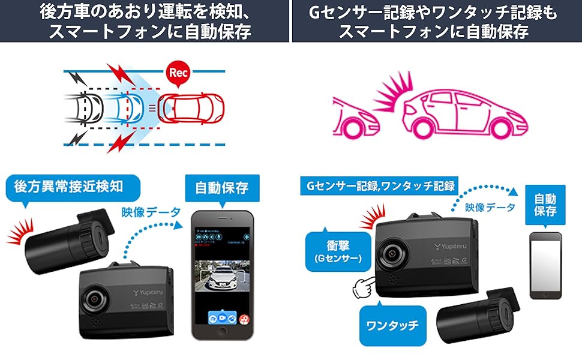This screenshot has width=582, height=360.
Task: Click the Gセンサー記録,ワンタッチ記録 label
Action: point(379,186)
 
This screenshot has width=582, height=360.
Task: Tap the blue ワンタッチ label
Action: point(393,326)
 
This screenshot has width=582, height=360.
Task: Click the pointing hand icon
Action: point(362,288)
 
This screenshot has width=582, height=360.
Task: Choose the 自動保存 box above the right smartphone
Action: point(544,204)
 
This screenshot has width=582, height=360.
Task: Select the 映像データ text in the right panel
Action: point(490,208)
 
